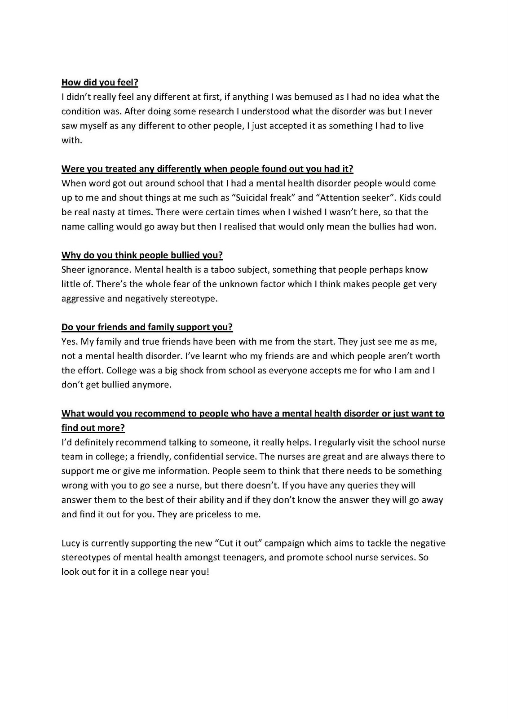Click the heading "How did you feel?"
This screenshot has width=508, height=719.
[x=100, y=83]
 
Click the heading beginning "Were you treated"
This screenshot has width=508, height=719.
[x=207, y=169]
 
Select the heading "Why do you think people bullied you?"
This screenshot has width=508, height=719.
[x=142, y=255]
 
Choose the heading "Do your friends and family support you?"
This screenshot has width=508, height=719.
[x=147, y=327]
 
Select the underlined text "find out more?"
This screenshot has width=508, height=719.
[x=93, y=428]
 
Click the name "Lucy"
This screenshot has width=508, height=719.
[x=71, y=543]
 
